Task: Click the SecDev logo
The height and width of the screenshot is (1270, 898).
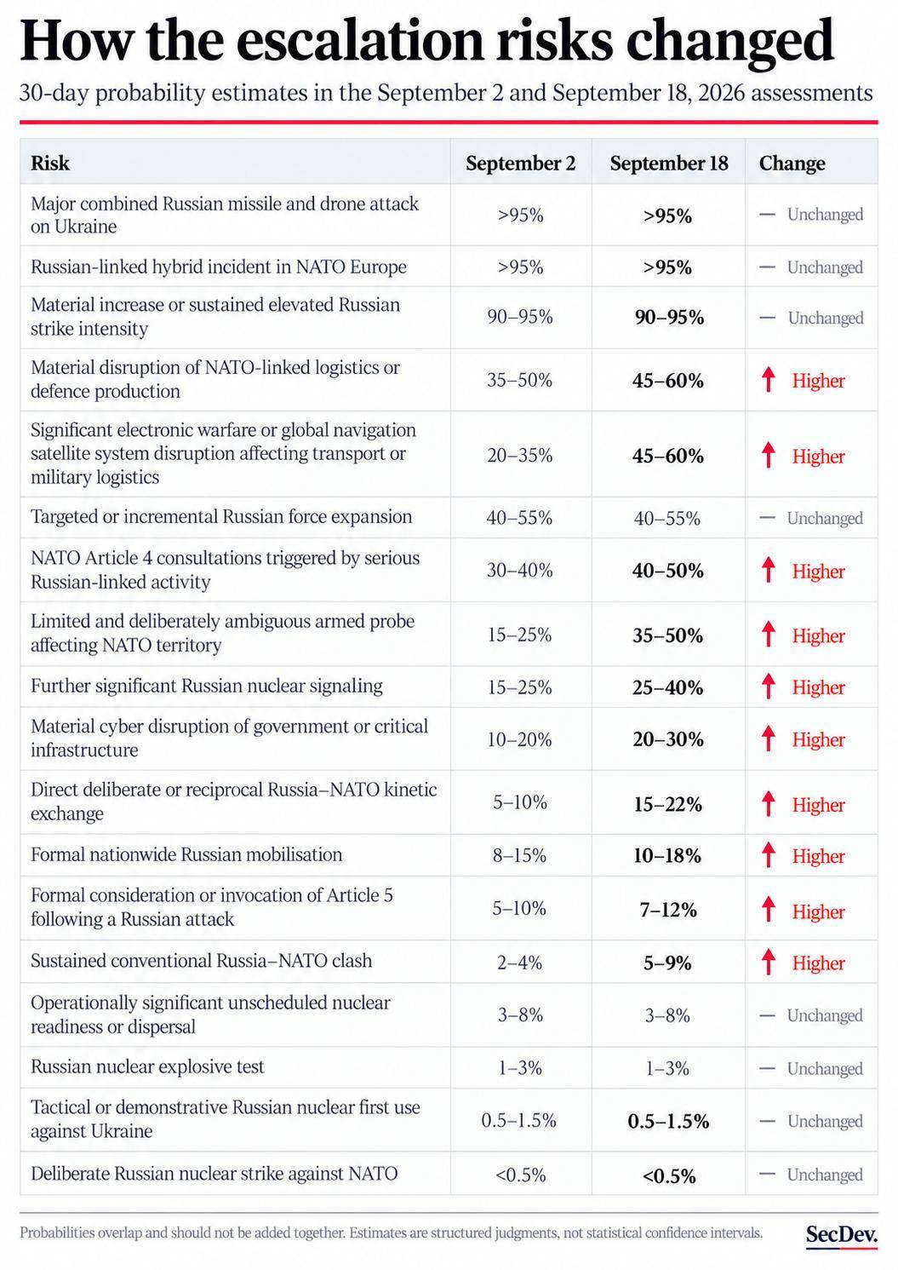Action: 842,1234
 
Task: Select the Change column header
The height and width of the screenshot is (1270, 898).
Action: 792,164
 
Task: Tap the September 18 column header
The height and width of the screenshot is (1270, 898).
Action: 668,164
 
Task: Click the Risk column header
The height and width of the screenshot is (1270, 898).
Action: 50,164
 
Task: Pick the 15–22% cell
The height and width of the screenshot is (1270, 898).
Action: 668,803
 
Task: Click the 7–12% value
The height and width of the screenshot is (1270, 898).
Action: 668,910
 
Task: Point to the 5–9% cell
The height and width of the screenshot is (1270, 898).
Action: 667,963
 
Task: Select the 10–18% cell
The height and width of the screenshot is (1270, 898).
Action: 667,855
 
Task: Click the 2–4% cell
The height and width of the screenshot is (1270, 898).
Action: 519,963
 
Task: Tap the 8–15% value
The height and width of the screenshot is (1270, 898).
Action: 519,854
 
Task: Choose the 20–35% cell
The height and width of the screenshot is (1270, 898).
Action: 519,455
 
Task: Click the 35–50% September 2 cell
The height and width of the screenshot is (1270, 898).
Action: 519,379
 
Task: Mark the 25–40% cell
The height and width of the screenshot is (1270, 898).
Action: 668,687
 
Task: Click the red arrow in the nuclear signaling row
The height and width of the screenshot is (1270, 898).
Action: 769,686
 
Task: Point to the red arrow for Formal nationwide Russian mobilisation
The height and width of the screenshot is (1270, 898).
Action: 769,854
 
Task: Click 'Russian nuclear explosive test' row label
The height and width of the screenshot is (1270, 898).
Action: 147,1066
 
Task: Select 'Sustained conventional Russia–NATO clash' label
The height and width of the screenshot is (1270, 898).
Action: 201,961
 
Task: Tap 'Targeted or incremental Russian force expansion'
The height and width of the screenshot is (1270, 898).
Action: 221,516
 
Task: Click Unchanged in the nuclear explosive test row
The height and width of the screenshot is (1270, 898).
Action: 825,1069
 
